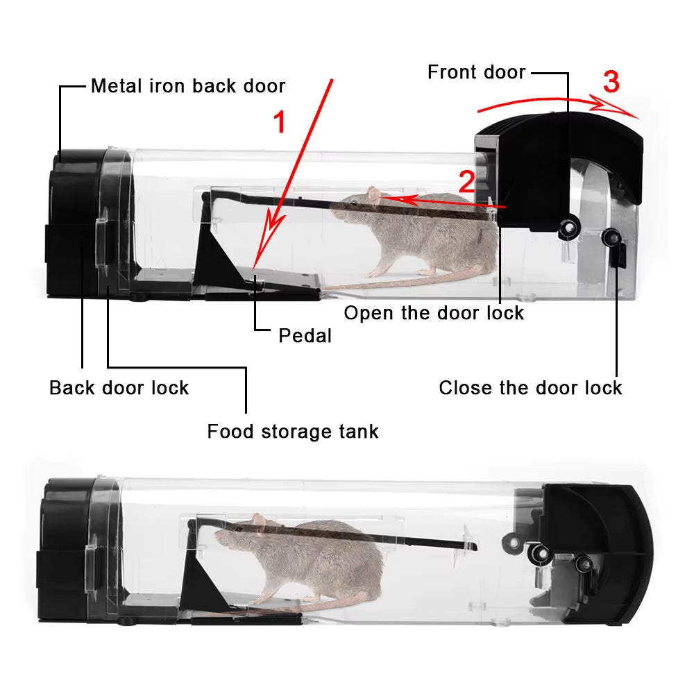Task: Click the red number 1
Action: (x=279, y=123)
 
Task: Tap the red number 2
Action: (x=466, y=182)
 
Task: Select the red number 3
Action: (x=611, y=83)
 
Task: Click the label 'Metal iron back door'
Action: (x=188, y=86)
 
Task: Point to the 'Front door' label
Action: (x=476, y=72)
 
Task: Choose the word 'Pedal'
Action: (x=305, y=336)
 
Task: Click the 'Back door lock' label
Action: (x=119, y=387)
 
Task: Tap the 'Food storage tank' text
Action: (x=293, y=432)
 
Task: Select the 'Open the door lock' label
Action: (x=434, y=313)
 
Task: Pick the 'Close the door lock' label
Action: (x=530, y=387)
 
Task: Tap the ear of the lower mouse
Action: (x=258, y=520)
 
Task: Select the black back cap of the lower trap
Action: (x=66, y=548)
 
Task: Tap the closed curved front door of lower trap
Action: (x=611, y=555)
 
